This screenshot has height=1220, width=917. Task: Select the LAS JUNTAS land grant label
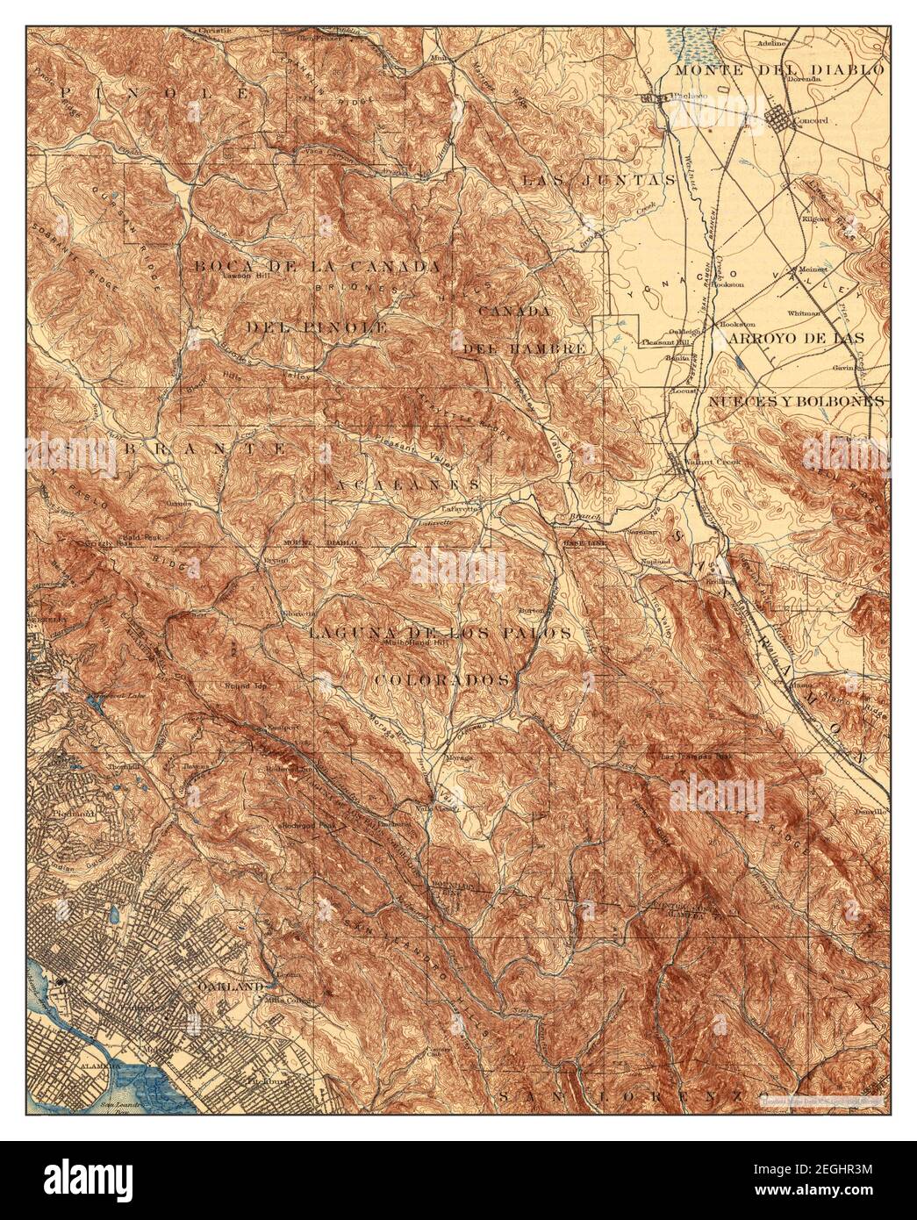[599, 180]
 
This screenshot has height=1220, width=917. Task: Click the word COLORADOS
[443, 679]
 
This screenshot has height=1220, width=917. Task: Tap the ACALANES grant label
[407, 484]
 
